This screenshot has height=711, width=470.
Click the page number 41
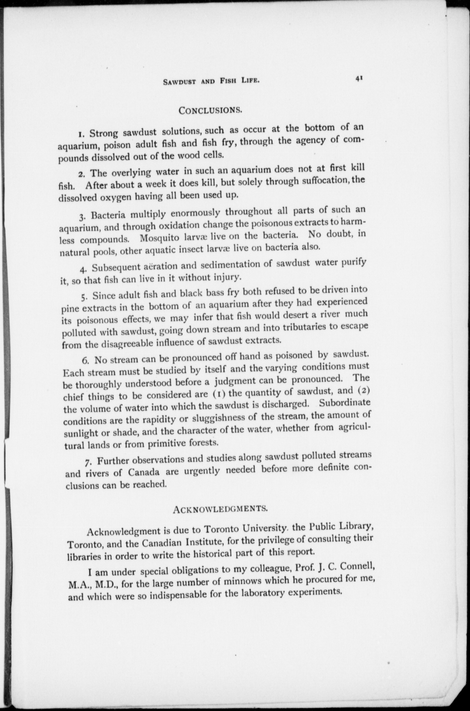point(359,79)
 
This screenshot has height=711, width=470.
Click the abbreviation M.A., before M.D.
point(79,585)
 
